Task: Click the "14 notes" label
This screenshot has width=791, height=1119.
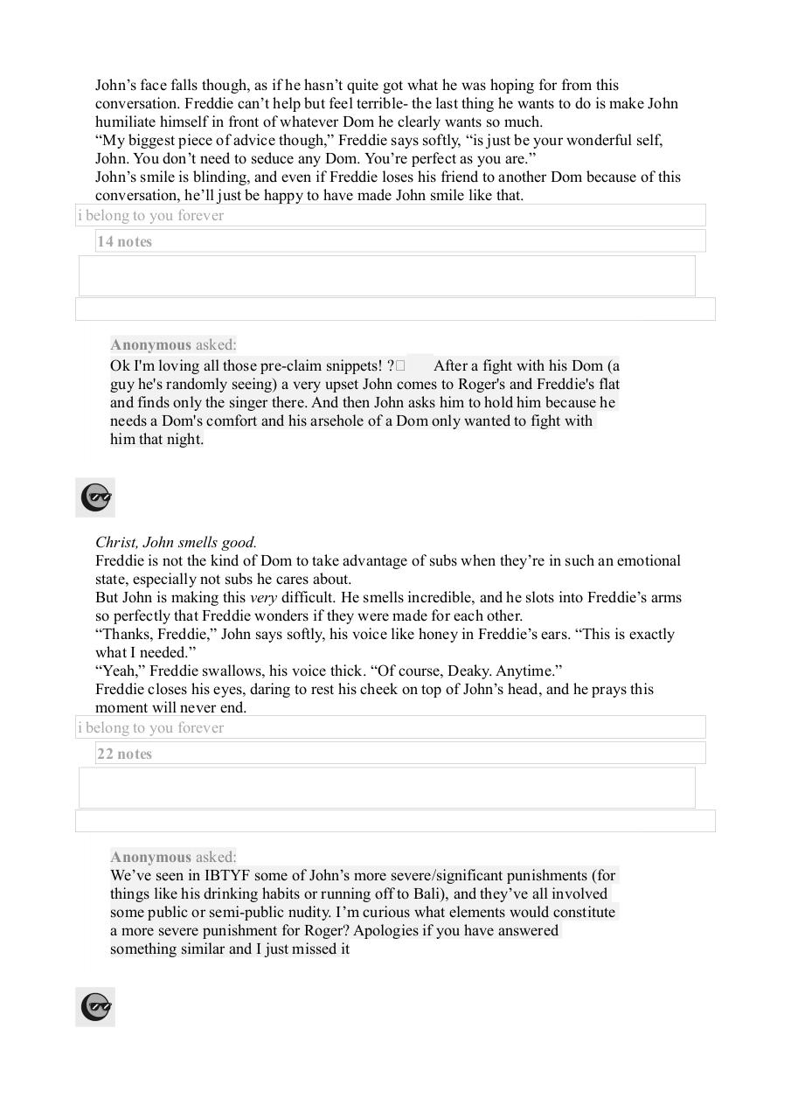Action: pyautogui.click(x=124, y=242)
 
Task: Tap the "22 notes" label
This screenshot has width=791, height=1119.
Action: pyautogui.click(x=124, y=754)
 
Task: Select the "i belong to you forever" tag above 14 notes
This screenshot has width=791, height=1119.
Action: pyautogui.click(x=150, y=216)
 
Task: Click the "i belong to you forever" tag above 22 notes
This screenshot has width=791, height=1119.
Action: pyautogui.click(x=150, y=728)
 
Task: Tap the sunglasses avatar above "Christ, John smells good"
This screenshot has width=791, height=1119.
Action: pyautogui.click(x=95, y=497)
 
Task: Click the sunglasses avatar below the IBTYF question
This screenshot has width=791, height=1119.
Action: pyautogui.click(x=95, y=1007)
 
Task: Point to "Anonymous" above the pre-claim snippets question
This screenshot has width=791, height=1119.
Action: pyautogui.click(x=150, y=345)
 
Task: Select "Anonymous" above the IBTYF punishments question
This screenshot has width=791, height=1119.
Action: pyautogui.click(x=150, y=858)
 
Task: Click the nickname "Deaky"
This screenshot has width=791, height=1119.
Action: pyautogui.click(x=471, y=671)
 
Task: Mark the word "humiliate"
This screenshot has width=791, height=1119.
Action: pyautogui.click(x=128, y=122)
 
